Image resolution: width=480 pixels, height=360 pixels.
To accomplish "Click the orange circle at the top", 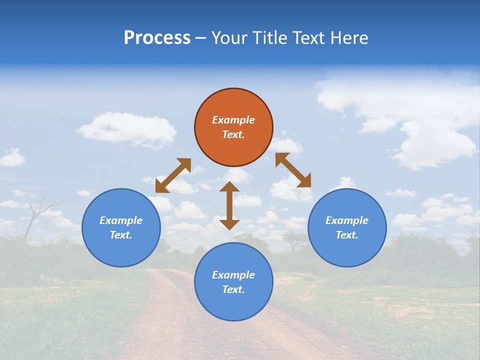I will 233,127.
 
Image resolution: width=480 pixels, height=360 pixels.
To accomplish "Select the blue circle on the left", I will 121,227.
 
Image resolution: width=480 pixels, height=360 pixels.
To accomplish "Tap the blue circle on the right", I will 347,227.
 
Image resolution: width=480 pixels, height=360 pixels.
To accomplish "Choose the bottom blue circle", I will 233,282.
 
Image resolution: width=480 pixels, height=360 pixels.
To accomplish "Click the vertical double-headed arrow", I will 229,205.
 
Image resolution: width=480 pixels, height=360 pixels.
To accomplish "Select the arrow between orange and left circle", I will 173,175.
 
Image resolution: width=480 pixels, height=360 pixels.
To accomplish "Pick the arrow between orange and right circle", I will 293,170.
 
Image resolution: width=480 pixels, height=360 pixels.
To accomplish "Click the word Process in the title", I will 157,38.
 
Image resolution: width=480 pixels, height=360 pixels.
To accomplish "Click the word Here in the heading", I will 349,38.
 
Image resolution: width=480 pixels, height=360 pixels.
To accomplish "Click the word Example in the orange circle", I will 233,120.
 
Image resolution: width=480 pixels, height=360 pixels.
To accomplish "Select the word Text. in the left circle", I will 121,235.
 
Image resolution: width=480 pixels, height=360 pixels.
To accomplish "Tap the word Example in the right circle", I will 347,220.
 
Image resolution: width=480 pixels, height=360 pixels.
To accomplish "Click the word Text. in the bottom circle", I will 233,289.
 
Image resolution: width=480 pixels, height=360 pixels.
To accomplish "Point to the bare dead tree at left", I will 37,215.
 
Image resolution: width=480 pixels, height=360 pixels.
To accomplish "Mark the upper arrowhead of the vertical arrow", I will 229,187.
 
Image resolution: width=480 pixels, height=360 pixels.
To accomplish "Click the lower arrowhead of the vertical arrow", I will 229,223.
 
